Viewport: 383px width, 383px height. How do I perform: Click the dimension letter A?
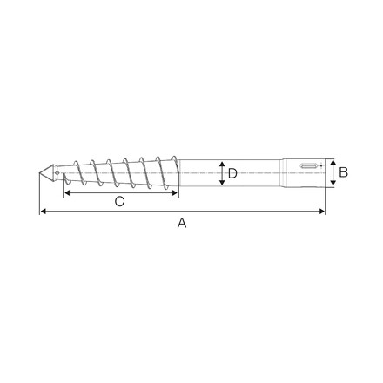182,223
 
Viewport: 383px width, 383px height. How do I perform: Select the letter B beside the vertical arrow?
343,172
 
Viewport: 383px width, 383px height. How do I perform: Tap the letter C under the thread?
119,201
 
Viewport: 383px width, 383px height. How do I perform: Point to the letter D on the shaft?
232,173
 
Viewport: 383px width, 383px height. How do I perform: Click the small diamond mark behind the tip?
57,173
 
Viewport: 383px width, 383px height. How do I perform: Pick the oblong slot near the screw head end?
308,166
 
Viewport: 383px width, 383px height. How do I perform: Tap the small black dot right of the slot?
321,165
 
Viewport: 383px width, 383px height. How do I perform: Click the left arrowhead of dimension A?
43,212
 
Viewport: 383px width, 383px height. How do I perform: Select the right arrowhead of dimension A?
322,212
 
